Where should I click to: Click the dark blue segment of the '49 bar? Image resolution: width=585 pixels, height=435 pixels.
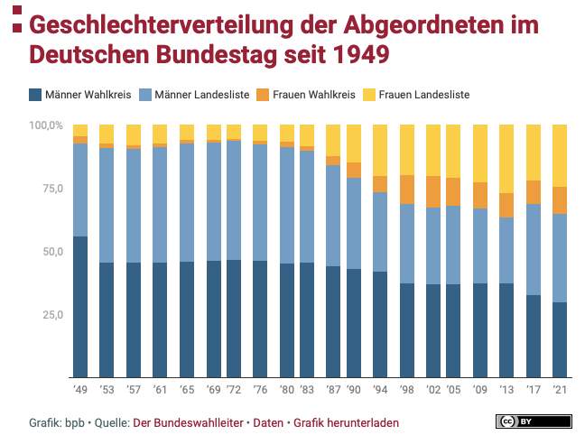point(80,307)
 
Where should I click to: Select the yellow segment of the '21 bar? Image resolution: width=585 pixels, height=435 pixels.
point(560,155)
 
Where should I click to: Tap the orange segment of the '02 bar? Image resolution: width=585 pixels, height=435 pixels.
point(433,191)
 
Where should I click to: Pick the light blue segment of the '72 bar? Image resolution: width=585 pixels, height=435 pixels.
point(233,199)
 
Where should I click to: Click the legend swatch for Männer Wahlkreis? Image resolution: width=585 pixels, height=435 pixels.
point(35,94)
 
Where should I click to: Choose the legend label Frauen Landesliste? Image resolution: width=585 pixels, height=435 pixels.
point(424,94)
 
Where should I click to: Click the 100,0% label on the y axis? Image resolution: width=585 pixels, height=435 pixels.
point(46,125)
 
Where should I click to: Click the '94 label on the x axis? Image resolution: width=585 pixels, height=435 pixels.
point(379,391)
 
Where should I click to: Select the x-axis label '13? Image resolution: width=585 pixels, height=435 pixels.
point(506,391)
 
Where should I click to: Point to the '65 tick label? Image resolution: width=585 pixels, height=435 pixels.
point(187,391)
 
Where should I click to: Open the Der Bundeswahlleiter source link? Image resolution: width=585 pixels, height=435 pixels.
point(190,422)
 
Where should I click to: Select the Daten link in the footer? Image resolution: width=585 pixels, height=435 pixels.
point(267,422)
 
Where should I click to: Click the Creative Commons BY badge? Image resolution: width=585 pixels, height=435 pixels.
point(533,421)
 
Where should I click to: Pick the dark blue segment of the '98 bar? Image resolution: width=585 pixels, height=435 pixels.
point(406,330)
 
